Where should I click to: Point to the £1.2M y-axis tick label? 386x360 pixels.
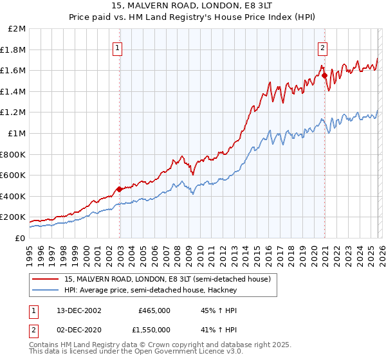(x=15, y=113)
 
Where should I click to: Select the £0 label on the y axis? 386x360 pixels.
(x=21, y=238)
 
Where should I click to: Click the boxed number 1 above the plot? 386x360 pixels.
(x=119, y=47)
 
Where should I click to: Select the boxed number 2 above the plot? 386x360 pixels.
(x=322, y=47)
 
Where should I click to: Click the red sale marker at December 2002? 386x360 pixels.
(x=120, y=189)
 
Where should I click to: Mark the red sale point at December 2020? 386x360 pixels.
(x=324, y=75)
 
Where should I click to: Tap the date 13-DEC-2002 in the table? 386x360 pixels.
(x=78, y=310)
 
